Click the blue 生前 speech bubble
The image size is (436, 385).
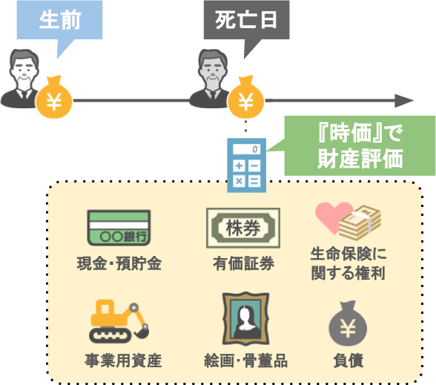[59, 20]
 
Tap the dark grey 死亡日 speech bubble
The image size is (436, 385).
[246, 20]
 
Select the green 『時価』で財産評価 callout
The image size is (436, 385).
[360, 145]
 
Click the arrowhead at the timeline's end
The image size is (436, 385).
[404, 100]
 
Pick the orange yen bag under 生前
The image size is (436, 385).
[54, 97]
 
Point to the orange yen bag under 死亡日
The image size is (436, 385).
[246, 97]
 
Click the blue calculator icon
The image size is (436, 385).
[246, 165]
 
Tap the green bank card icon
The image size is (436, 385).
[119, 228]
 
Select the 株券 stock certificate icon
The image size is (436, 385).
[243, 228]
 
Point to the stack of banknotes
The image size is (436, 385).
[360, 223]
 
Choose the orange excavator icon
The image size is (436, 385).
[119, 321]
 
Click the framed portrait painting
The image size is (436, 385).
[246, 319]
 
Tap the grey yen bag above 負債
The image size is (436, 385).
[348, 323]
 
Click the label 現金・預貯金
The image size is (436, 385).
[119, 263]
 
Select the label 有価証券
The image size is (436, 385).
[243, 263]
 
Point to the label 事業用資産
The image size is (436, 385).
[123, 361]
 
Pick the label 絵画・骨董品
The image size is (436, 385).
[246, 361]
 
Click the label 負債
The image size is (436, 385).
[349, 361]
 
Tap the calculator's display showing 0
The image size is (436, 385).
[246, 149]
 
